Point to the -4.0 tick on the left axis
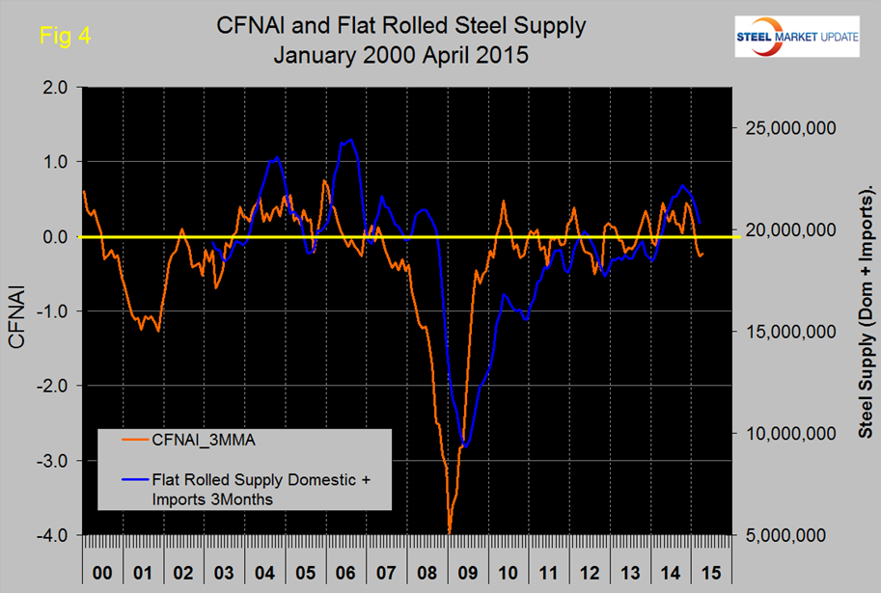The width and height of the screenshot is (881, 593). (x=49, y=535)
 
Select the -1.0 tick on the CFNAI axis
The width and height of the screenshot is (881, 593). (x=49, y=311)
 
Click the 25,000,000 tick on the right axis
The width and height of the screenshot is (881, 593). (x=788, y=128)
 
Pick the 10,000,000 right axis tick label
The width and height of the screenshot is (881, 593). (x=788, y=433)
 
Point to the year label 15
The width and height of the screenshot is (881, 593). (x=711, y=572)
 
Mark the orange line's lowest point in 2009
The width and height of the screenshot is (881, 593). (x=449, y=531)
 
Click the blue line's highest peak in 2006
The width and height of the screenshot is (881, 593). (x=350, y=140)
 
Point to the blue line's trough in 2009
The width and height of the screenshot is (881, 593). (x=466, y=445)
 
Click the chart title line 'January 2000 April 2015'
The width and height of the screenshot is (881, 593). (x=399, y=54)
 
